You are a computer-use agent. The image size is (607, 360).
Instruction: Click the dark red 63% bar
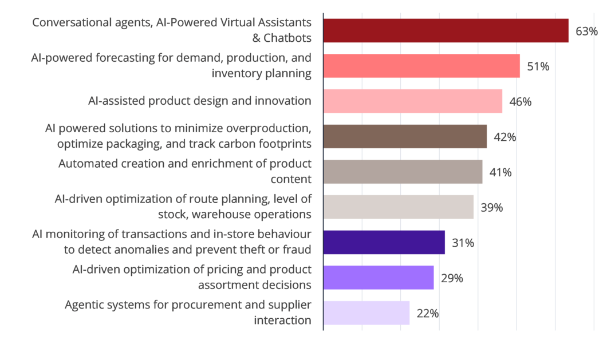pos(446,31)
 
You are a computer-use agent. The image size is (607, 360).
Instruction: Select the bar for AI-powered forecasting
pos(422,66)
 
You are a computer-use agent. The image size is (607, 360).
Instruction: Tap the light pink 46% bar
pos(413,101)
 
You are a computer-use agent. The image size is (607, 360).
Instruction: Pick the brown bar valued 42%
pos(405,136)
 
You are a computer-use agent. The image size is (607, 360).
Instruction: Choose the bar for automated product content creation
pos(403,172)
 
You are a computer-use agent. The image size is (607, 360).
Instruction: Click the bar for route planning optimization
pos(399,207)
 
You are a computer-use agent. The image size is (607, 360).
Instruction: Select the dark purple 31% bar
pos(384,242)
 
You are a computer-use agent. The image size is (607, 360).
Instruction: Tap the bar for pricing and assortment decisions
pos(379,278)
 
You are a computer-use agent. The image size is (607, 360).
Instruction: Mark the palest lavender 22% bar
pos(366,312)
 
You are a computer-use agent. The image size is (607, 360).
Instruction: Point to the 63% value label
pos(586,31)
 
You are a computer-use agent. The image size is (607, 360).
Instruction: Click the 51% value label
pos(538,66)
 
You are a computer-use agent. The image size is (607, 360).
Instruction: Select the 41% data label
pos(500,172)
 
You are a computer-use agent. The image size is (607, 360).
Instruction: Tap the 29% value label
pos(451,278)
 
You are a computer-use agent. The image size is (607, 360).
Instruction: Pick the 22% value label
pos(427,313)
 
